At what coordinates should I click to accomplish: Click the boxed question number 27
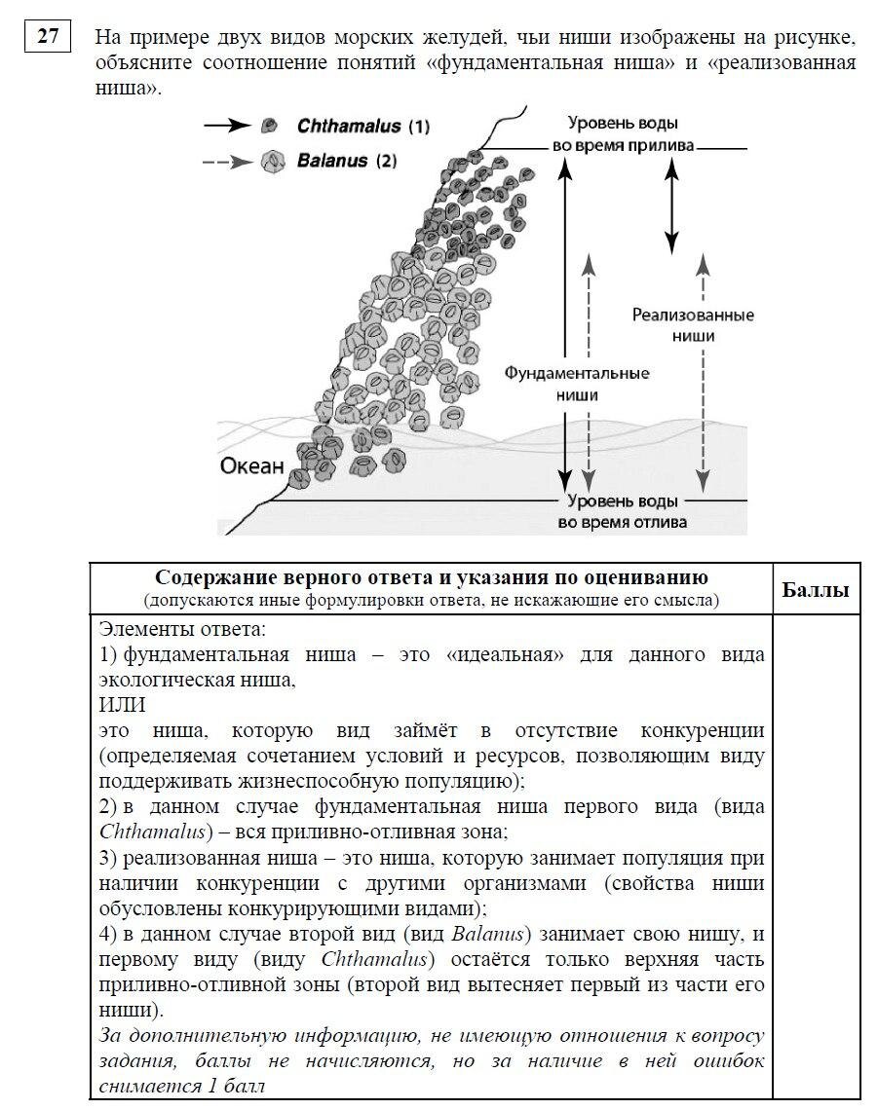48,38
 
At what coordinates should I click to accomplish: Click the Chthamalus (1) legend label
363,127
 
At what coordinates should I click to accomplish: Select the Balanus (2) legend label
346,161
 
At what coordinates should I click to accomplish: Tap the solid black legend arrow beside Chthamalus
227,126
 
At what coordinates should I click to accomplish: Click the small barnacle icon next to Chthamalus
270,126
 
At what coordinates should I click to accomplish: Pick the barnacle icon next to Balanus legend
273,161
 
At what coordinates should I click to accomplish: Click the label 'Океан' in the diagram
251,466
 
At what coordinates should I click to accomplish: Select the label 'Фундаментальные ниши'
577,384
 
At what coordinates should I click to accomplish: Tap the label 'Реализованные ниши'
693,324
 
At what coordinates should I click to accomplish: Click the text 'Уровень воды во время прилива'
624,134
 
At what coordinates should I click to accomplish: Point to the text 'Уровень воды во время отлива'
623,511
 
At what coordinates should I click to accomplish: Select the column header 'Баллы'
816,590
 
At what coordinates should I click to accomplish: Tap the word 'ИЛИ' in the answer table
122,704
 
